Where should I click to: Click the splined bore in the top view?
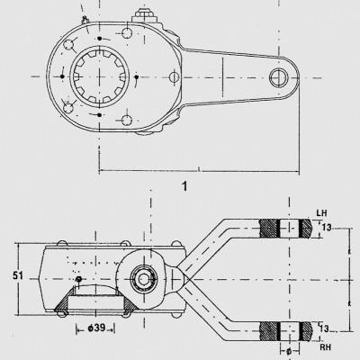click(x=100, y=76)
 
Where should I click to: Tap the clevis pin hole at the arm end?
click(x=279, y=77)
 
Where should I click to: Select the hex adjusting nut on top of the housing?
click(x=145, y=15)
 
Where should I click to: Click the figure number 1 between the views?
click(x=184, y=186)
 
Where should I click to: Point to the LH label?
click(x=321, y=213)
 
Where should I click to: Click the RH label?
click(x=325, y=347)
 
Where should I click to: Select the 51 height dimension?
click(x=18, y=275)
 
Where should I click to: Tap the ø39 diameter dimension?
click(x=96, y=328)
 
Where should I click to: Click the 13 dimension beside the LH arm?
click(x=327, y=228)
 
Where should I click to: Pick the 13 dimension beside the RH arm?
click(x=324, y=328)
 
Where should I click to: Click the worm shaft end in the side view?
click(x=145, y=279)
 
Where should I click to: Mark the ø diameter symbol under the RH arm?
click(x=289, y=351)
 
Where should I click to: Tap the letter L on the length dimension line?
click(x=199, y=170)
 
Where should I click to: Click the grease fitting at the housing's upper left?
click(x=85, y=20)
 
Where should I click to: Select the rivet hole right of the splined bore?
click(x=174, y=77)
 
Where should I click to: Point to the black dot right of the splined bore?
click(x=137, y=77)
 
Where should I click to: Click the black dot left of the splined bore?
click(x=63, y=76)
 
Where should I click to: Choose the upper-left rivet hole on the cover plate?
click(x=68, y=45)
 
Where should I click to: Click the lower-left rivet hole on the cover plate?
click(x=68, y=108)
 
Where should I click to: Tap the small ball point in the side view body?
click(x=78, y=279)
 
